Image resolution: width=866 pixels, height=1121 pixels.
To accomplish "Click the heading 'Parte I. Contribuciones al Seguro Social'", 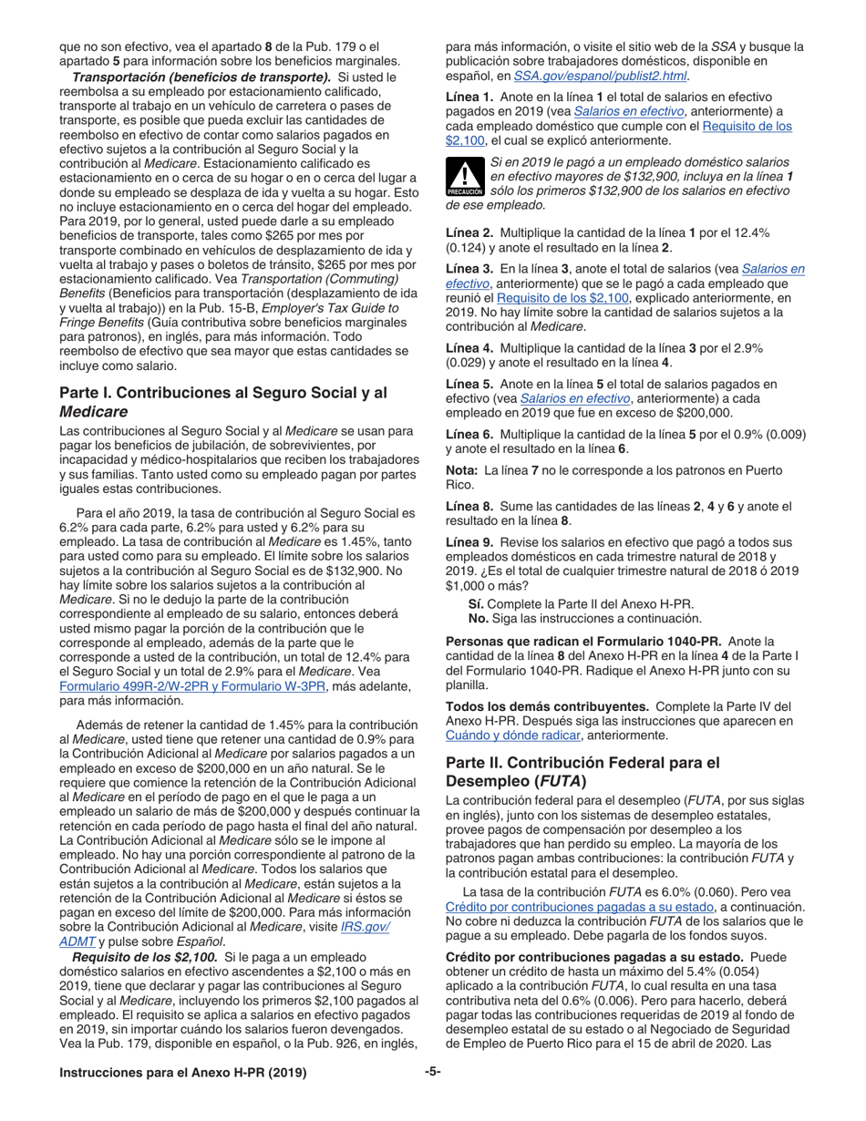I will click(x=223, y=401).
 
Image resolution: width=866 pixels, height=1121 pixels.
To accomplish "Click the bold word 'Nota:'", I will click(x=462, y=470).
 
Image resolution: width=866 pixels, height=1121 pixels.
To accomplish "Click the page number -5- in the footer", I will click(x=433, y=1072).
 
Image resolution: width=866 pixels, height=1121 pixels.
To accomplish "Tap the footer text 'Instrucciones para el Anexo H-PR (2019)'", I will click(x=182, y=1073).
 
